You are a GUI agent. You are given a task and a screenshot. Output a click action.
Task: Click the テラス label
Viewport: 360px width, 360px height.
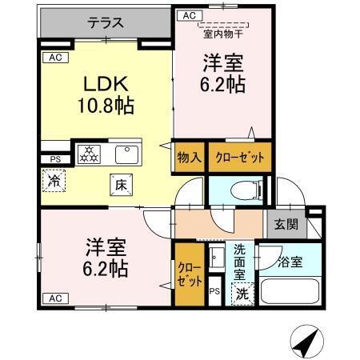(x=105, y=24)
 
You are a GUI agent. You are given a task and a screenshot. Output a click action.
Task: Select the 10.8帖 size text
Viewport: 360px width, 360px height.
(x=106, y=105)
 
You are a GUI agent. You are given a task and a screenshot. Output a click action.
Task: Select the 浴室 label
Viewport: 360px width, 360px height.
(x=290, y=262)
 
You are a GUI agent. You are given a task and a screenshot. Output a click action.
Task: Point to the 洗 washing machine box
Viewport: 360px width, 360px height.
(x=242, y=294)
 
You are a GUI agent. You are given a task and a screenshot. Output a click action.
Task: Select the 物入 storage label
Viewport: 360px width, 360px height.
(x=189, y=157)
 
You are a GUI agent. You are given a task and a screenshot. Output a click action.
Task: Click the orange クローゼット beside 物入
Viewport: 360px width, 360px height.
(x=239, y=157)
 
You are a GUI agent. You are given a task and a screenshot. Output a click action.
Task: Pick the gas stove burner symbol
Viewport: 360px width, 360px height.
(x=88, y=153)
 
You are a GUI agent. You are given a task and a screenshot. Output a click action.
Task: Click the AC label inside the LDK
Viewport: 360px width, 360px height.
(x=54, y=58)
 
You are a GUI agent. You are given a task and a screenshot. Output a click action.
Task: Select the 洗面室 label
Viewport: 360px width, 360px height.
(x=241, y=260)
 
